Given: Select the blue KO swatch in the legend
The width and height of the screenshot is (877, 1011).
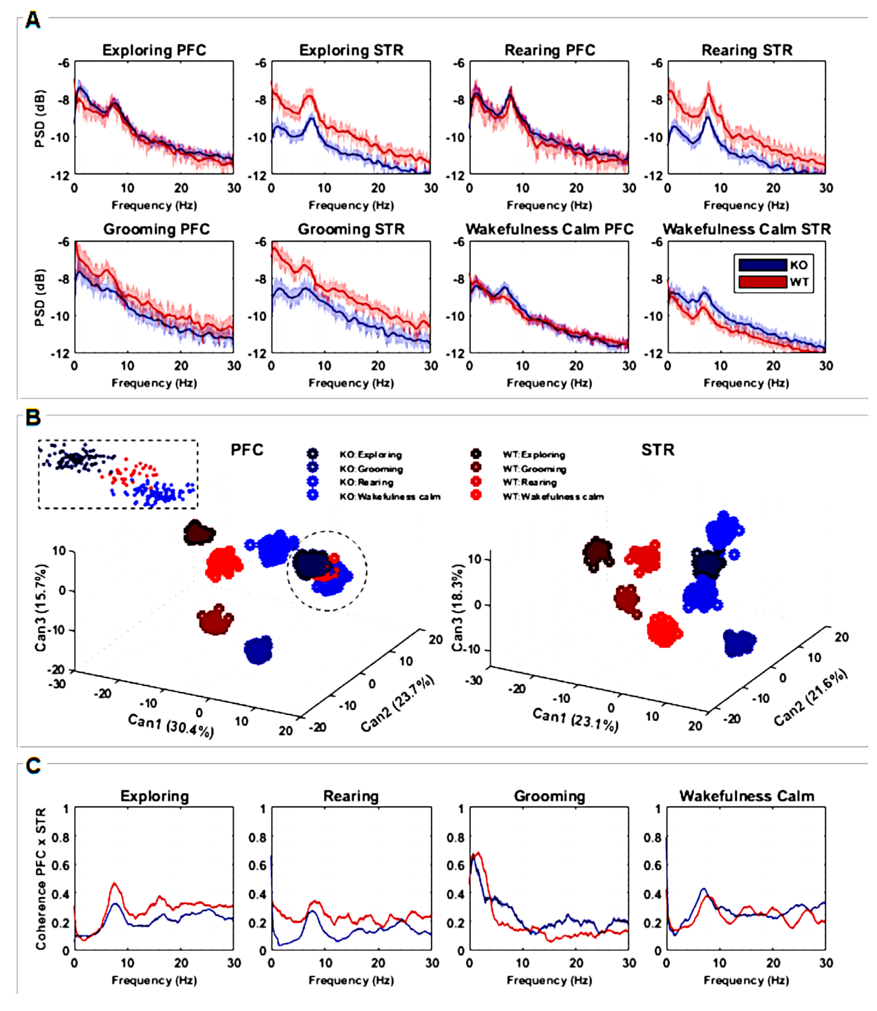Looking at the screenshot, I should click(762, 265).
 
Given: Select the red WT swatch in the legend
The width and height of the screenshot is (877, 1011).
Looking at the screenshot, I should click(762, 282).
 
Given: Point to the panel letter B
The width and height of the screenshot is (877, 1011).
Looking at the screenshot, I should click(33, 418).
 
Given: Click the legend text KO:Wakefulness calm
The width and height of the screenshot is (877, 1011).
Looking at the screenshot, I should click(390, 497).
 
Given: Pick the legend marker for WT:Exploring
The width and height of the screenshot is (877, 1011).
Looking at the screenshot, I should click(476, 454).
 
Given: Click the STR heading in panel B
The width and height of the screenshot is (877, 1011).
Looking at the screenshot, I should click(657, 450).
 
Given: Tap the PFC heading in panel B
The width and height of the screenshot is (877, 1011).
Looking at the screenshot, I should click(247, 450).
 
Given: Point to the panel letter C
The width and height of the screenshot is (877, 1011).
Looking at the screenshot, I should click(33, 765).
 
